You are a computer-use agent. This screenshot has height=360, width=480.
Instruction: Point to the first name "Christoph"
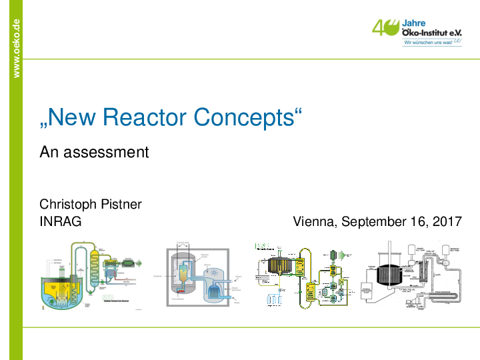coord(69,204)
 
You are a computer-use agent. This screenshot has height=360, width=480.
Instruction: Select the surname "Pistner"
coord(121,204)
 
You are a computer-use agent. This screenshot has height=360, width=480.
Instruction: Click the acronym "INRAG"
coord(60,221)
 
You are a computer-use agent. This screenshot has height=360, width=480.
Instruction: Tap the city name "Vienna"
coord(315,221)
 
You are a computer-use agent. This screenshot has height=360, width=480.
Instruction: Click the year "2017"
coord(447,221)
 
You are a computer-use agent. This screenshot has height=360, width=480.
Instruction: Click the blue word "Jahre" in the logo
coord(413,22)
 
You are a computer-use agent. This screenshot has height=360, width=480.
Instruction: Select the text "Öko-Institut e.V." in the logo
coord(432,32)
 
